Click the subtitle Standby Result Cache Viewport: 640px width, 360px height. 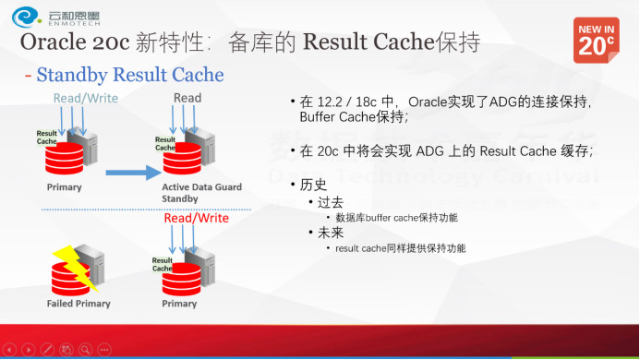pos(129,74)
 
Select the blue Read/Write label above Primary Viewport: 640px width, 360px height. pos(86,98)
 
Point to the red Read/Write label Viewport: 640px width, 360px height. pos(196,219)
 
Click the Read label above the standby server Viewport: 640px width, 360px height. pos(187,98)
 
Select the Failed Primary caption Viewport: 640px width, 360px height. pos(78,304)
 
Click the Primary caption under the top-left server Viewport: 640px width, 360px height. pos(64,187)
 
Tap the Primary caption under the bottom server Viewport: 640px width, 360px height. pos(179,304)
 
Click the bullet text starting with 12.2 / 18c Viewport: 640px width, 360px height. pos(443,109)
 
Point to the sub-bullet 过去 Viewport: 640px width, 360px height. pos(331,201)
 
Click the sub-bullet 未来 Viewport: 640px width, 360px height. pos(331,233)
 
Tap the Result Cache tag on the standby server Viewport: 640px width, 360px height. pos(164,142)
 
